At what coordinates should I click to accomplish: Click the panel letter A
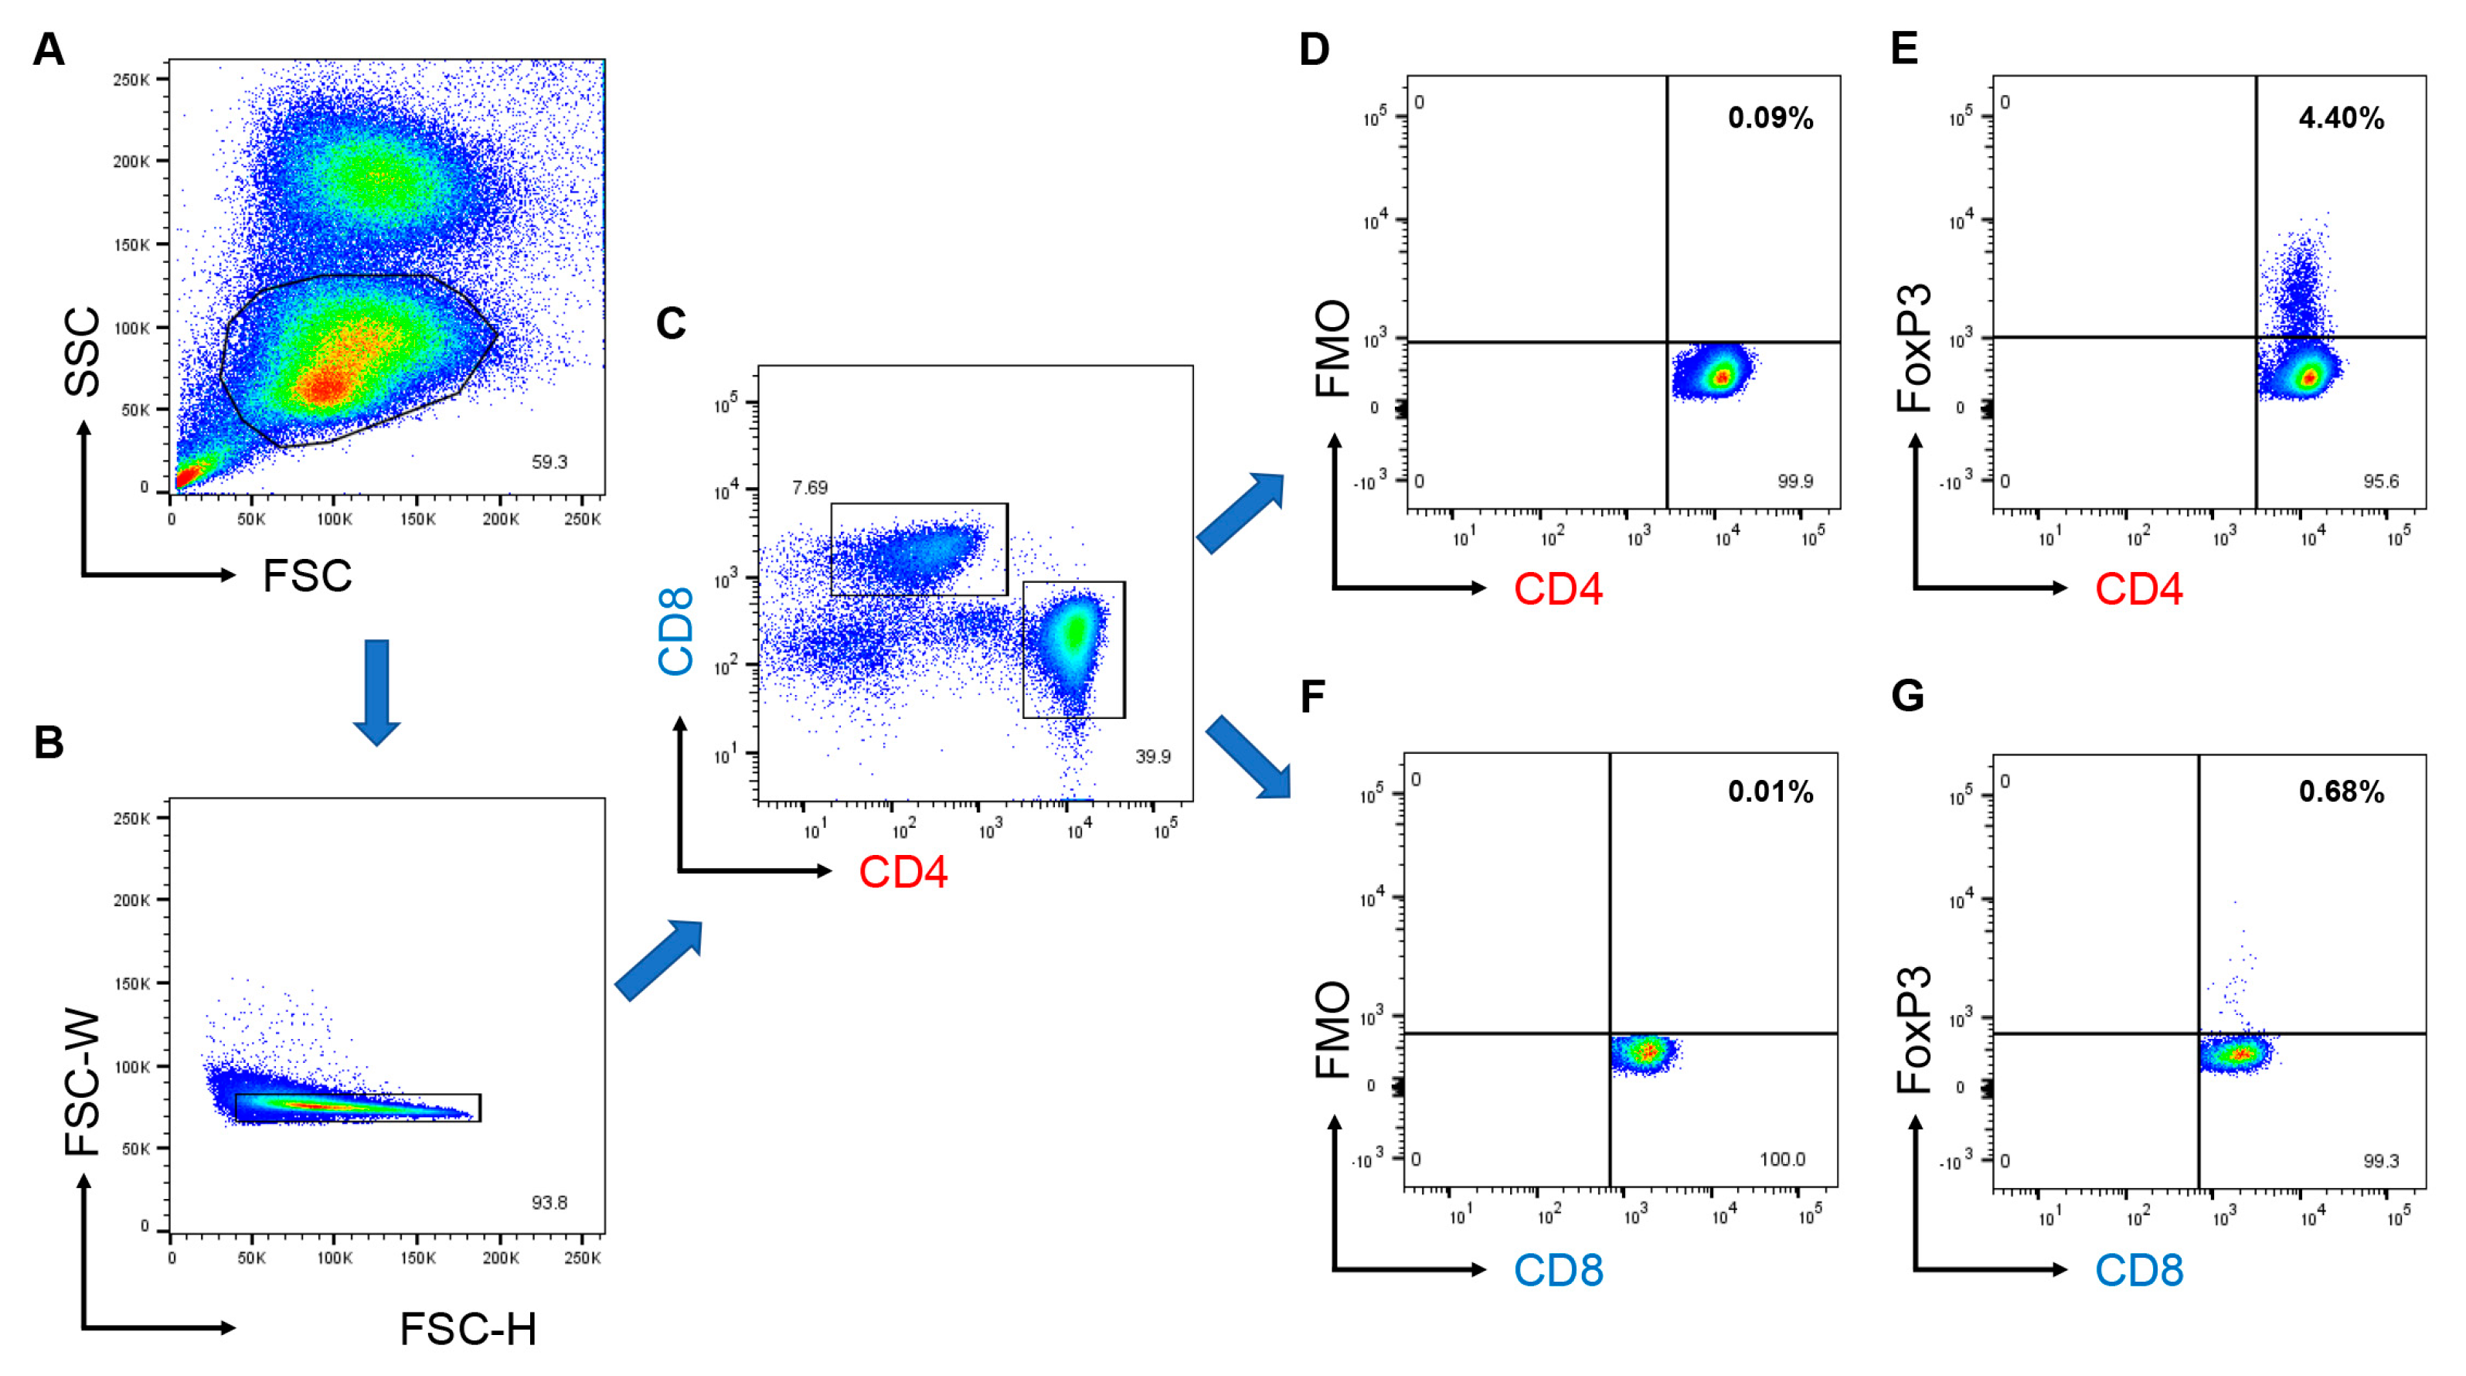click(x=48, y=49)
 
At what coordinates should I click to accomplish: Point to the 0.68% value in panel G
click(x=2341, y=792)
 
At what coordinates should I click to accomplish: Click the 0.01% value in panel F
click(x=1770, y=792)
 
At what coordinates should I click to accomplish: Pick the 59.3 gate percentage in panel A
click(x=549, y=462)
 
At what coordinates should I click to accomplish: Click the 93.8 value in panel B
click(x=549, y=1202)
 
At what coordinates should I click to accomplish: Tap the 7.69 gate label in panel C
click(x=810, y=487)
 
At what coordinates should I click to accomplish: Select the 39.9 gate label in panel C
click(x=1152, y=757)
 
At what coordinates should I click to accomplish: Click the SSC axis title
click(x=83, y=352)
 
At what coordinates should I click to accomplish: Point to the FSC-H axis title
click(x=468, y=1329)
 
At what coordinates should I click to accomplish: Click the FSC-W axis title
click(x=83, y=1082)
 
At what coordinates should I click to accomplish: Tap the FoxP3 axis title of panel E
click(x=1913, y=349)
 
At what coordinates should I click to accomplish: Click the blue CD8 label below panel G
click(x=2138, y=1271)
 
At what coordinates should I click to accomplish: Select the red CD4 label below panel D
click(x=1557, y=589)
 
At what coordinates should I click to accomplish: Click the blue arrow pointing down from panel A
click(x=376, y=691)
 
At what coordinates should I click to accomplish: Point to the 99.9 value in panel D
click(x=1795, y=482)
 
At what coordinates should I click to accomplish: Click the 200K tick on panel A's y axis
click(x=131, y=161)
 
